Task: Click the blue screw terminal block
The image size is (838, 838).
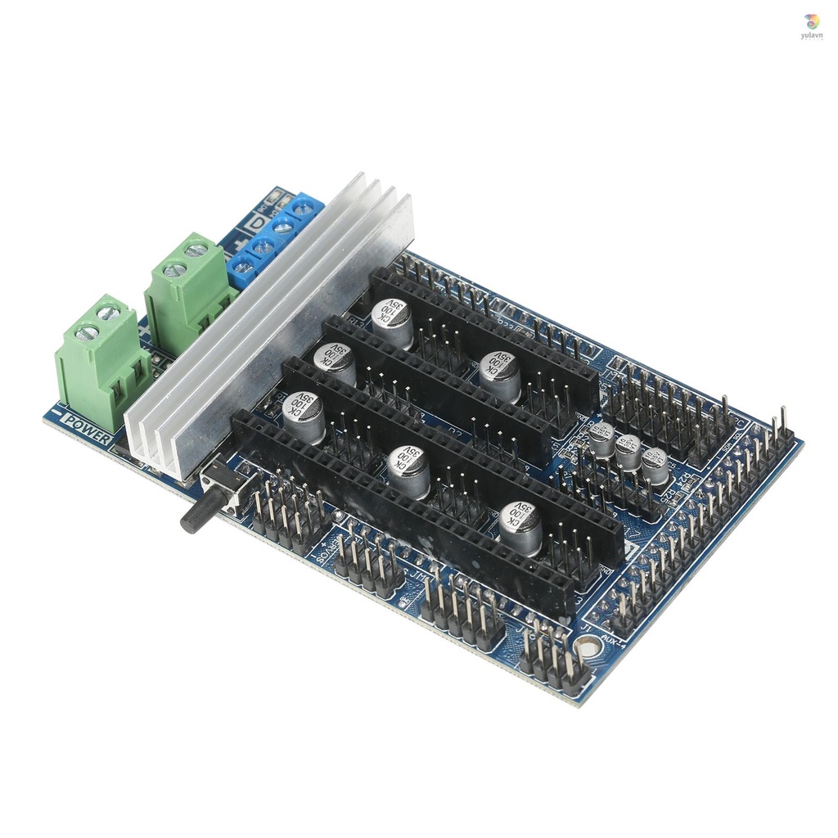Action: pyautogui.click(x=274, y=237)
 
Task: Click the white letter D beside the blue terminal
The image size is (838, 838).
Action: pyautogui.click(x=259, y=223)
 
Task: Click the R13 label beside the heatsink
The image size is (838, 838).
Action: pyautogui.click(x=357, y=320)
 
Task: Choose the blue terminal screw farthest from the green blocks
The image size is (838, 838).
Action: pyautogui.click(x=304, y=209)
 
